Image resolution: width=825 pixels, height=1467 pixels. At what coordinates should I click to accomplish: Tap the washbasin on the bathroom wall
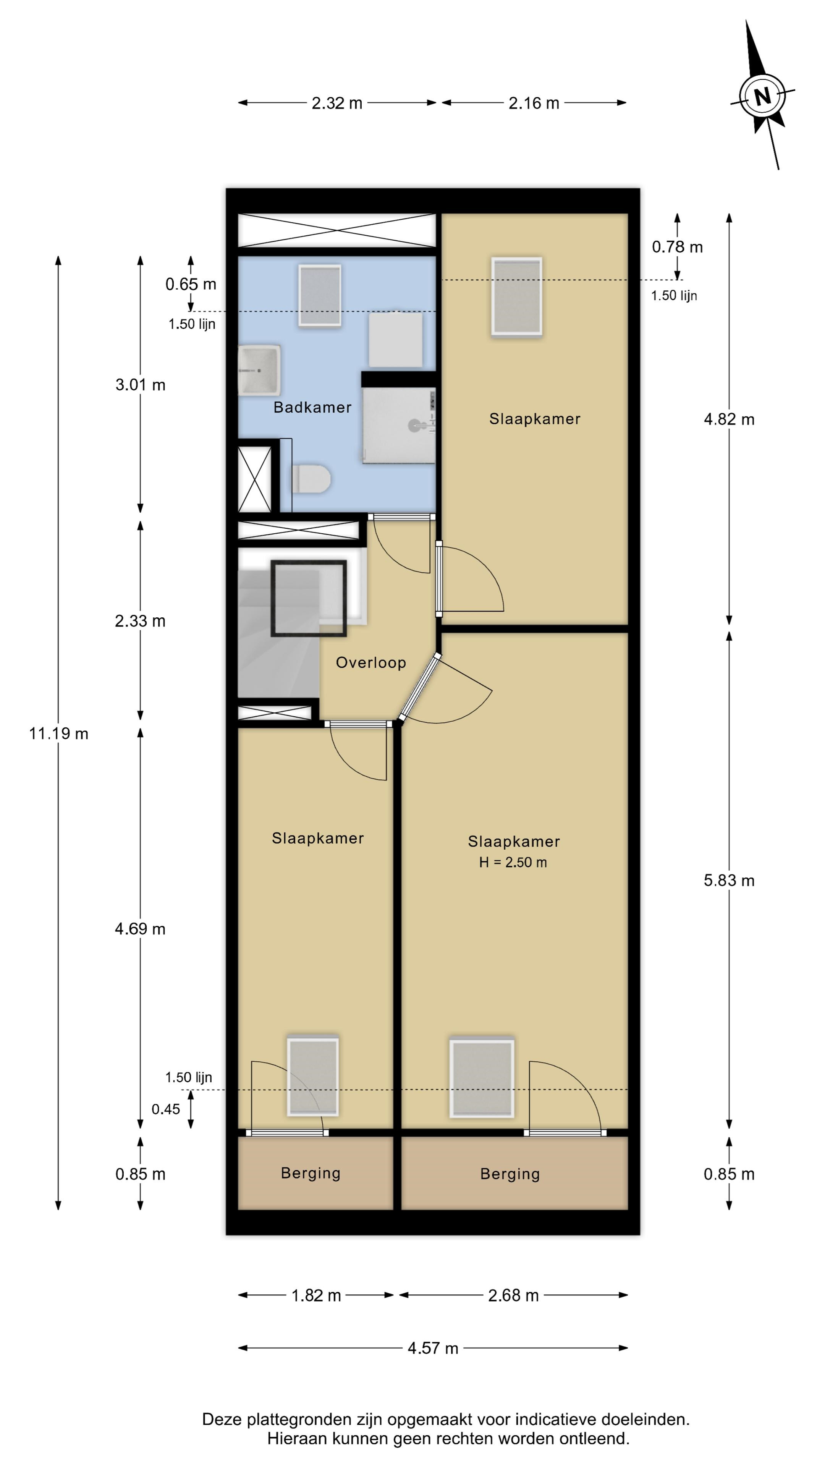coord(259,369)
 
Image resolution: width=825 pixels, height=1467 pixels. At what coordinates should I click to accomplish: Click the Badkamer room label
coord(312,407)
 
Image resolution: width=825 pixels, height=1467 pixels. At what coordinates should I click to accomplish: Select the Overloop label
coord(370,662)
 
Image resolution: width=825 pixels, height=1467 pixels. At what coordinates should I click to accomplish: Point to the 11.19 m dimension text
coord(59,733)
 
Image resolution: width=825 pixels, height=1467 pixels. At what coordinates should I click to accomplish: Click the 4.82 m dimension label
coord(729,419)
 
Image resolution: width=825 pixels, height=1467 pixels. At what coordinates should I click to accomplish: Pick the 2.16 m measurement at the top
coord(534,103)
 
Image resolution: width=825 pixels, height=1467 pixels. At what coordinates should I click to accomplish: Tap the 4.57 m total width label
coord(433,1348)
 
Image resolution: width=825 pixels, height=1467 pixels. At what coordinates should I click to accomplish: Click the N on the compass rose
coord(762,96)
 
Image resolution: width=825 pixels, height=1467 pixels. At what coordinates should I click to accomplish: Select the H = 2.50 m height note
coord(513,862)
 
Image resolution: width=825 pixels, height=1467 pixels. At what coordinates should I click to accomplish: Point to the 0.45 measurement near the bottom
coord(166,1109)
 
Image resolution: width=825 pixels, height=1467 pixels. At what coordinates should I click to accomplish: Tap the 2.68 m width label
coord(513,1295)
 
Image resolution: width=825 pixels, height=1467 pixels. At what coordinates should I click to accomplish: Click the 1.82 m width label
coord(316,1295)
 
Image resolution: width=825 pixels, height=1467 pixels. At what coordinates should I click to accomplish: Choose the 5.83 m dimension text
coord(729,881)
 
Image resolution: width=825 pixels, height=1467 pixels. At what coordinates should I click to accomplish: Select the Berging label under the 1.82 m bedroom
coord(310,1173)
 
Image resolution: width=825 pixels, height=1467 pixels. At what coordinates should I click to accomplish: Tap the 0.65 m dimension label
coord(191,284)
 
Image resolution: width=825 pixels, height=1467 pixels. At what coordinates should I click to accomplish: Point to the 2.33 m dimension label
coord(140,621)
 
